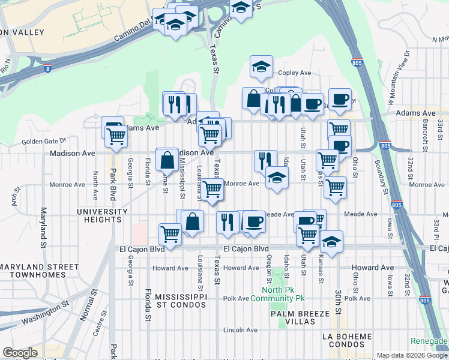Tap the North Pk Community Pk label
pos(278,294)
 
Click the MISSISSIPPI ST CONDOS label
pos(181,302)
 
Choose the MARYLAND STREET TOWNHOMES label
pos(40,271)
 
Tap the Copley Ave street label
pos(294,73)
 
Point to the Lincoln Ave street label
pos(240,330)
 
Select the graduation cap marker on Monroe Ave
pos(276,178)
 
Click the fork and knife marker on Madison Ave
pos(265,160)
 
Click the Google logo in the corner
pos(20,353)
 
